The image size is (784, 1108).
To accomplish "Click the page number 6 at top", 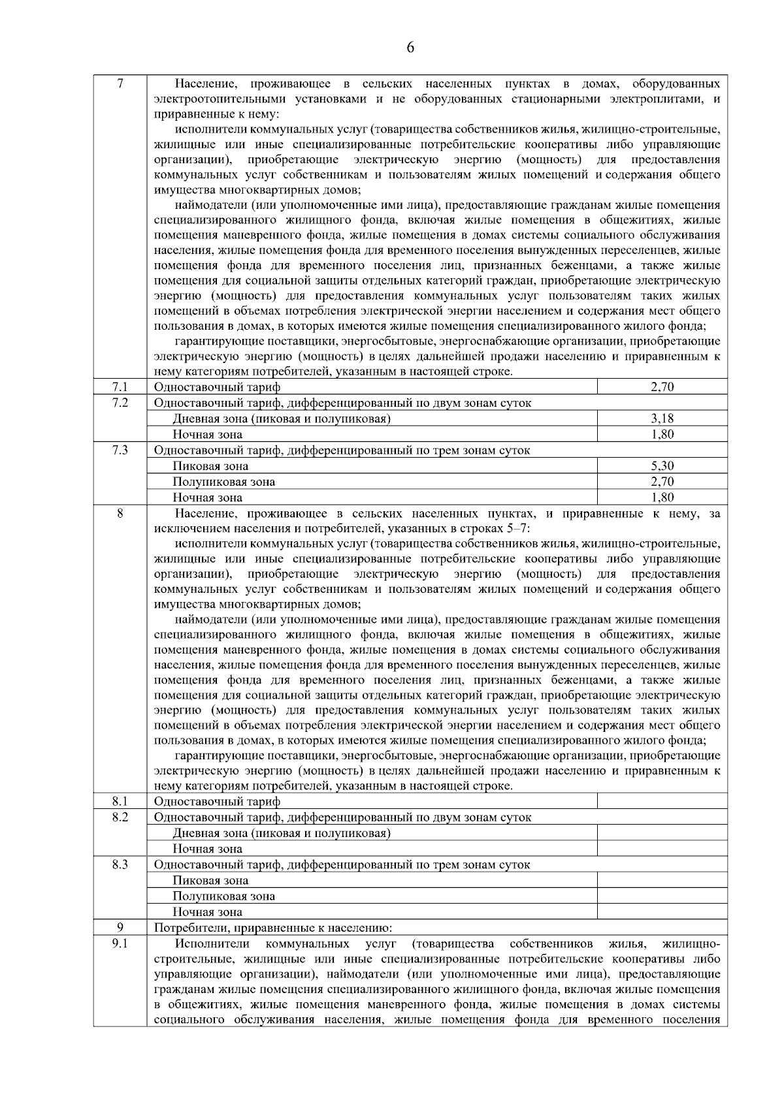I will pyautogui.click(x=410, y=48).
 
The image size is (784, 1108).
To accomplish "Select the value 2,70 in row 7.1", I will pyautogui.click(x=662, y=387).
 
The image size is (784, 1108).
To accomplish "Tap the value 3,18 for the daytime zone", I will pyautogui.click(x=662, y=419).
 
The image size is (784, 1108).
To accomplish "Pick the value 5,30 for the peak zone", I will pyautogui.click(x=662, y=466).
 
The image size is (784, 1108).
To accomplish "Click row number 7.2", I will pyautogui.click(x=120, y=402).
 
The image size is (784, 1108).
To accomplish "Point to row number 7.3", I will pyautogui.click(x=120, y=450).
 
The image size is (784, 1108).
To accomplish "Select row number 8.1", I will pyautogui.click(x=120, y=800).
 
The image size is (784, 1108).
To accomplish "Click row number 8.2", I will pyautogui.click(x=120, y=817).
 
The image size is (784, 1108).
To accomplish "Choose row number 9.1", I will pyautogui.click(x=120, y=943).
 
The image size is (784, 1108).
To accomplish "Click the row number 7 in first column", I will pyautogui.click(x=120, y=84).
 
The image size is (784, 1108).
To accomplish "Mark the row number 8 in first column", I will pyautogui.click(x=120, y=513).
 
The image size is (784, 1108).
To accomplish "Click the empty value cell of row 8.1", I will pyautogui.click(x=662, y=801).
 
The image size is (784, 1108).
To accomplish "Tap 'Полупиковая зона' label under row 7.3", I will pyautogui.click(x=223, y=482).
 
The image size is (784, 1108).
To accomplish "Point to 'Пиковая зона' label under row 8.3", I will pyautogui.click(x=210, y=880).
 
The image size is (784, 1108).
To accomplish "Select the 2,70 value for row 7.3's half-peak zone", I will pyautogui.click(x=662, y=482).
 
